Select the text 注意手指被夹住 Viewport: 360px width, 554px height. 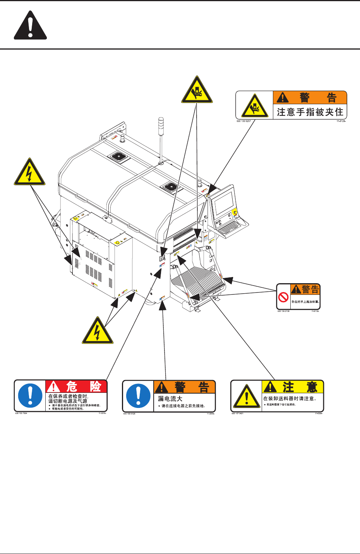click(x=310, y=112)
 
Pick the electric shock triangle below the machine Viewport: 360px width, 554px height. click(x=98, y=332)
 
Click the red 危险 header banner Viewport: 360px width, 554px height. click(x=76, y=386)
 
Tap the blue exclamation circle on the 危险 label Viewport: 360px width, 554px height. click(x=30, y=396)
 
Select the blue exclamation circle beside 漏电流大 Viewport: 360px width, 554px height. click(x=138, y=396)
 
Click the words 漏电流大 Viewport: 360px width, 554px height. click(x=170, y=399)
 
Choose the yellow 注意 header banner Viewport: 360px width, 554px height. click(x=293, y=387)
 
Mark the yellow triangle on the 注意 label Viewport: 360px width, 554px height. click(x=247, y=397)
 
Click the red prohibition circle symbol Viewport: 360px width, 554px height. click(x=284, y=298)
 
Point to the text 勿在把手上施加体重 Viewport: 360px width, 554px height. click(x=305, y=301)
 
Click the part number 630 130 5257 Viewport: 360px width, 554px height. click(x=244, y=121)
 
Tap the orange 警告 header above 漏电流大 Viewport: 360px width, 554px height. click(x=184, y=387)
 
